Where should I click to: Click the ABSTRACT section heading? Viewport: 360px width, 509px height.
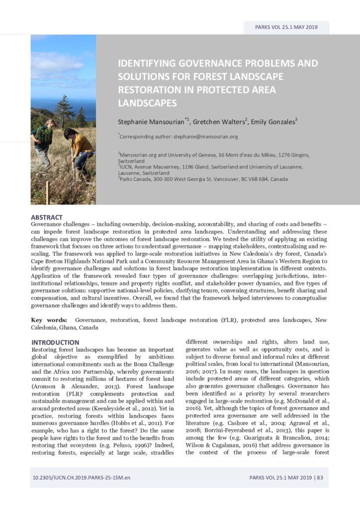[x=47, y=217]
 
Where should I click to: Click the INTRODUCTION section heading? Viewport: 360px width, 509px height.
[x=55, y=342]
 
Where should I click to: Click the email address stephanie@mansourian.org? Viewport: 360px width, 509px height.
[x=206, y=136]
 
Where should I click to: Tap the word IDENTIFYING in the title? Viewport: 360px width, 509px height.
[x=150, y=64]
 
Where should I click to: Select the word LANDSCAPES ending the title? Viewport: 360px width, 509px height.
[x=147, y=103]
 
